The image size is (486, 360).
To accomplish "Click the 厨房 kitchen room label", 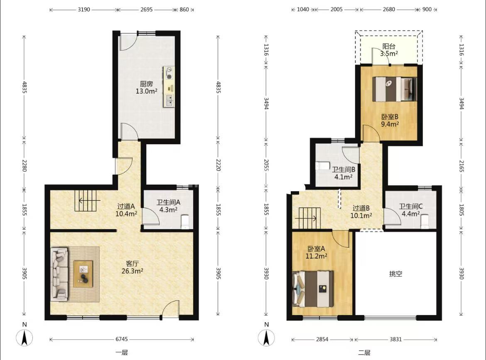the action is point(146,84).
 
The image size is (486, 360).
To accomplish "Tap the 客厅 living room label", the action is point(133,264).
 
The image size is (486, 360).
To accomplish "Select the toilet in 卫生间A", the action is point(185,222).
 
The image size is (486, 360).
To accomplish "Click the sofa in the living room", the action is point(59,274).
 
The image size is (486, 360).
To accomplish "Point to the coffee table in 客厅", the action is point(83,274).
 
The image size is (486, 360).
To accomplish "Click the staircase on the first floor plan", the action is point(87,201).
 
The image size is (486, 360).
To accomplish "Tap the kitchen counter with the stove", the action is point(169,86).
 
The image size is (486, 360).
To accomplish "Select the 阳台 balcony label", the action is point(389,46).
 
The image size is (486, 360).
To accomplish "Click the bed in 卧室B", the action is point(395,89).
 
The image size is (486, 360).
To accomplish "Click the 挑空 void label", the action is point(396,274).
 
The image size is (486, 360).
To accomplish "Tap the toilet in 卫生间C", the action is point(425,222).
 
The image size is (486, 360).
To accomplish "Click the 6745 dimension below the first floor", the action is point(121,339).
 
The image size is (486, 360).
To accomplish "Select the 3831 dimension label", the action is point(396,339).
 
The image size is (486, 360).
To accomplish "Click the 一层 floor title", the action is point(121,353).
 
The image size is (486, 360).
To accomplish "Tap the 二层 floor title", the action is point(364,353).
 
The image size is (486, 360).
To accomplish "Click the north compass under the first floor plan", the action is point(25,338).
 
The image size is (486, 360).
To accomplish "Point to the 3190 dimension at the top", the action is point(83,10).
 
